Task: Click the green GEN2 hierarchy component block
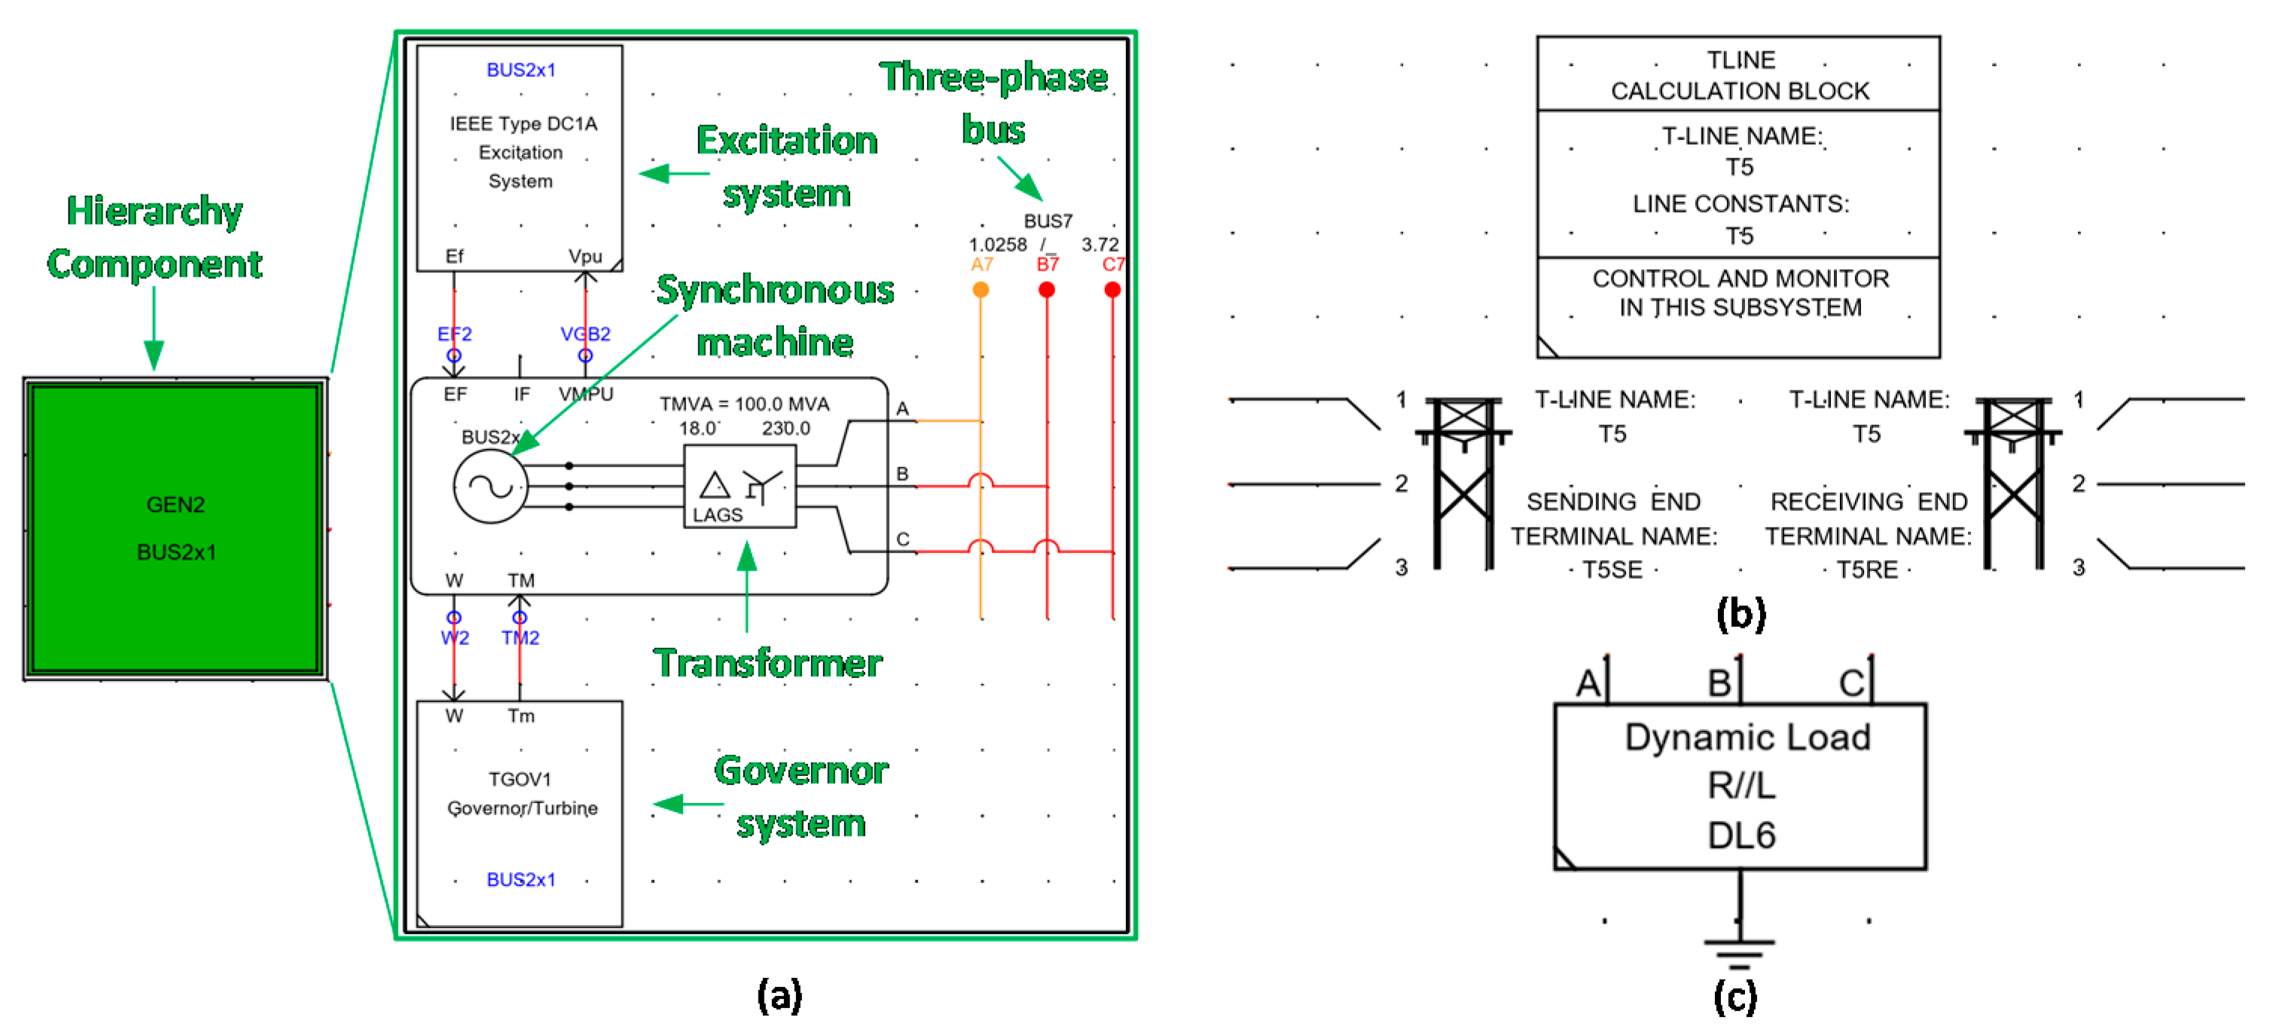coord(175,529)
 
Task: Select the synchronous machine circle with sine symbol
coord(490,486)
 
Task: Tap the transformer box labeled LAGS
coord(740,486)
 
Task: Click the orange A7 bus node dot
coord(981,289)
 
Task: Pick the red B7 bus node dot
coord(1046,289)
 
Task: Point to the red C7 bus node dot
coord(1112,289)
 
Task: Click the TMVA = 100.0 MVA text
coord(745,404)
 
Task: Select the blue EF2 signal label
coord(454,334)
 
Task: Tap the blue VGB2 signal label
coord(585,334)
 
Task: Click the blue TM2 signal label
coord(520,637)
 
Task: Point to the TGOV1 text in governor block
coord(520,779)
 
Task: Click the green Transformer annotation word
coord(767,664)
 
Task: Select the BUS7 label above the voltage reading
coord(1048,221)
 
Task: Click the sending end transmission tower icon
coord(1463,483)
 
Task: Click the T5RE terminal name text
coord(1867,570)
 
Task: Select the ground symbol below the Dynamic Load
coord(1739,952)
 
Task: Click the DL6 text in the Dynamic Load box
coord(1741,835)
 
